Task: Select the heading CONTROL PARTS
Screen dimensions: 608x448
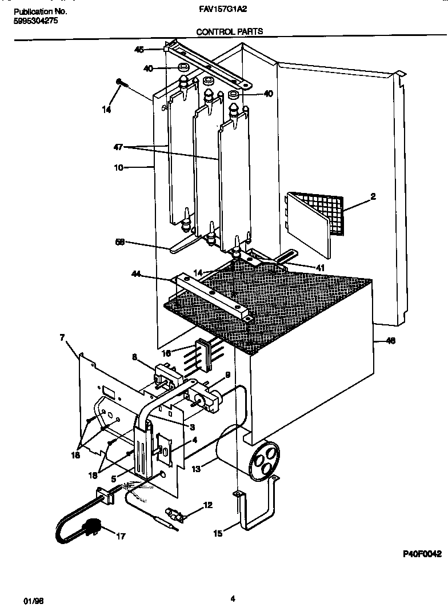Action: tap(230, 32)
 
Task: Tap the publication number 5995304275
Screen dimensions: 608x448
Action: tap(34, 21)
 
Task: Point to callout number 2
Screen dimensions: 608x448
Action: tap(373, 197)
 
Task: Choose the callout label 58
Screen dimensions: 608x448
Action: tap(120, 243)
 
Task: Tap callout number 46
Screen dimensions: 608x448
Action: tap(390, 341)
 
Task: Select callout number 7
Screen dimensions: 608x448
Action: tap(62, 338)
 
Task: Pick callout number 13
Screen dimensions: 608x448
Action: tap(197, 469)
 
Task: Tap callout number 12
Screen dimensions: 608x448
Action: tap(207, 505)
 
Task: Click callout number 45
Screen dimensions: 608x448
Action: tap(138, 50)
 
